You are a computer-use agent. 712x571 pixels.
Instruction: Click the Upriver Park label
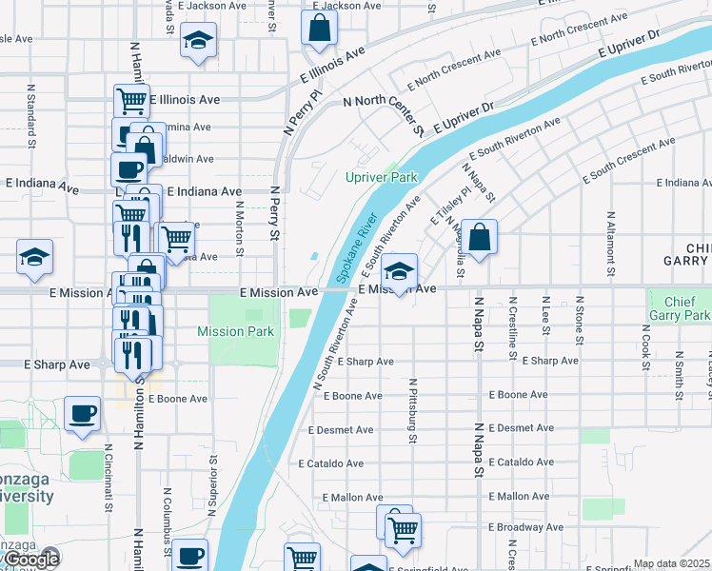381,178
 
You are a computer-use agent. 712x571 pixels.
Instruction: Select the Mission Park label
235,331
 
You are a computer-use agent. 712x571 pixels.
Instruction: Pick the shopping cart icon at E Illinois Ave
131,99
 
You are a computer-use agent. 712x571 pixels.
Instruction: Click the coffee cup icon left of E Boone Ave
82,414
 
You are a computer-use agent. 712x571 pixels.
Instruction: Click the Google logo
30,560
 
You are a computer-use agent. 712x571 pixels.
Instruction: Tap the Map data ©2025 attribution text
671,563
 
